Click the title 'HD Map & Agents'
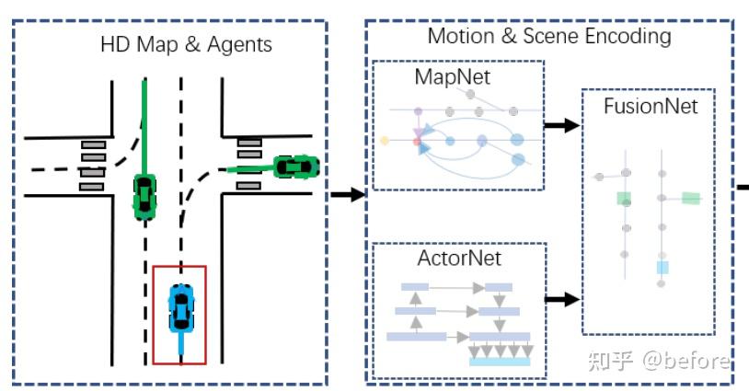[x=186, y=43]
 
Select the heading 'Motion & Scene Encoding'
[x=548, y=36]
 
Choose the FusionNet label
[x=651, y=106]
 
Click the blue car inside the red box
[x=181, y=308]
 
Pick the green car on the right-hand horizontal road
[x=295, y=167]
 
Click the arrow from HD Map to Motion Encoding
[x=347, y=194]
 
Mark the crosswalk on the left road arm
[x=92, y=166]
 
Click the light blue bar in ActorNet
[x=500, y=362]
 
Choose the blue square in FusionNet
[x=662, y=268]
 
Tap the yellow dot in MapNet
[x=385, y=140]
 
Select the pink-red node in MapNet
[x=418, y=142]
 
